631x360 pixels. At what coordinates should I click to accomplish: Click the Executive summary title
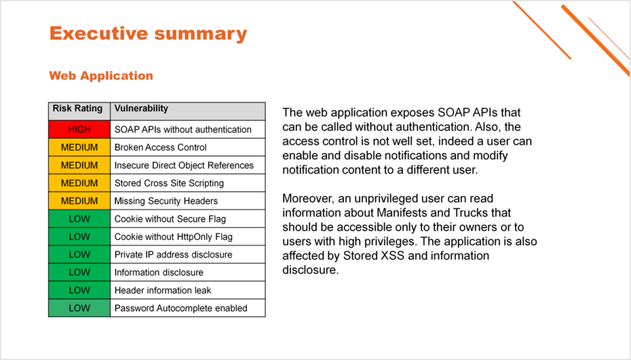pyautogui.click(x=148, y=34)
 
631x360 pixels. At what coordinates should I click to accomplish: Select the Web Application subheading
pyautogui.click(x=101, y=76)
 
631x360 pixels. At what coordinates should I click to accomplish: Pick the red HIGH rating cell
pyautogui.click(x=79, y=129)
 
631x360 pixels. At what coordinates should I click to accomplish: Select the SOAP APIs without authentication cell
pyautogui.click(x=187, y=129)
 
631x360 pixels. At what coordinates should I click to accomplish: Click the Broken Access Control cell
pyautogui.click(x=187, y=147)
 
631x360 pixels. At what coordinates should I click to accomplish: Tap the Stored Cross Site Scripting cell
pyautogui.click(x=187, y=183)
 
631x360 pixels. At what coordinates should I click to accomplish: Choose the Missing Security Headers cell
pyautogui.click(x=187, y=201)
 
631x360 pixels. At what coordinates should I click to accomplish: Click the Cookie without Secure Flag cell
pyautogui.click(x=187, y=219)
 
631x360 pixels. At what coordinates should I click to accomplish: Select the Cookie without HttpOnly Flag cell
pyautogui.click(x=187, y=237)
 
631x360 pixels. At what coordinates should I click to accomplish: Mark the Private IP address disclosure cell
pyautogui.click(x=187, y=255)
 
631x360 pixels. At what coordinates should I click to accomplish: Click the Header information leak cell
pyautogui.click(x=187, y=290)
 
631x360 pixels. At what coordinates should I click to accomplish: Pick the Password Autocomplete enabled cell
pyautogui.click(x=187, y=308)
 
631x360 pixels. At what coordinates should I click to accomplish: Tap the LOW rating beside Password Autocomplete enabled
pyautogui.click(x=79, y=308)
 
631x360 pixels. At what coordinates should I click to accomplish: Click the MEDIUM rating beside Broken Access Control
pyautogui.click(x=79, y=147)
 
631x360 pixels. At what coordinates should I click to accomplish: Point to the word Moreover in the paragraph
pyautogui.click(x=308, y=198)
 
